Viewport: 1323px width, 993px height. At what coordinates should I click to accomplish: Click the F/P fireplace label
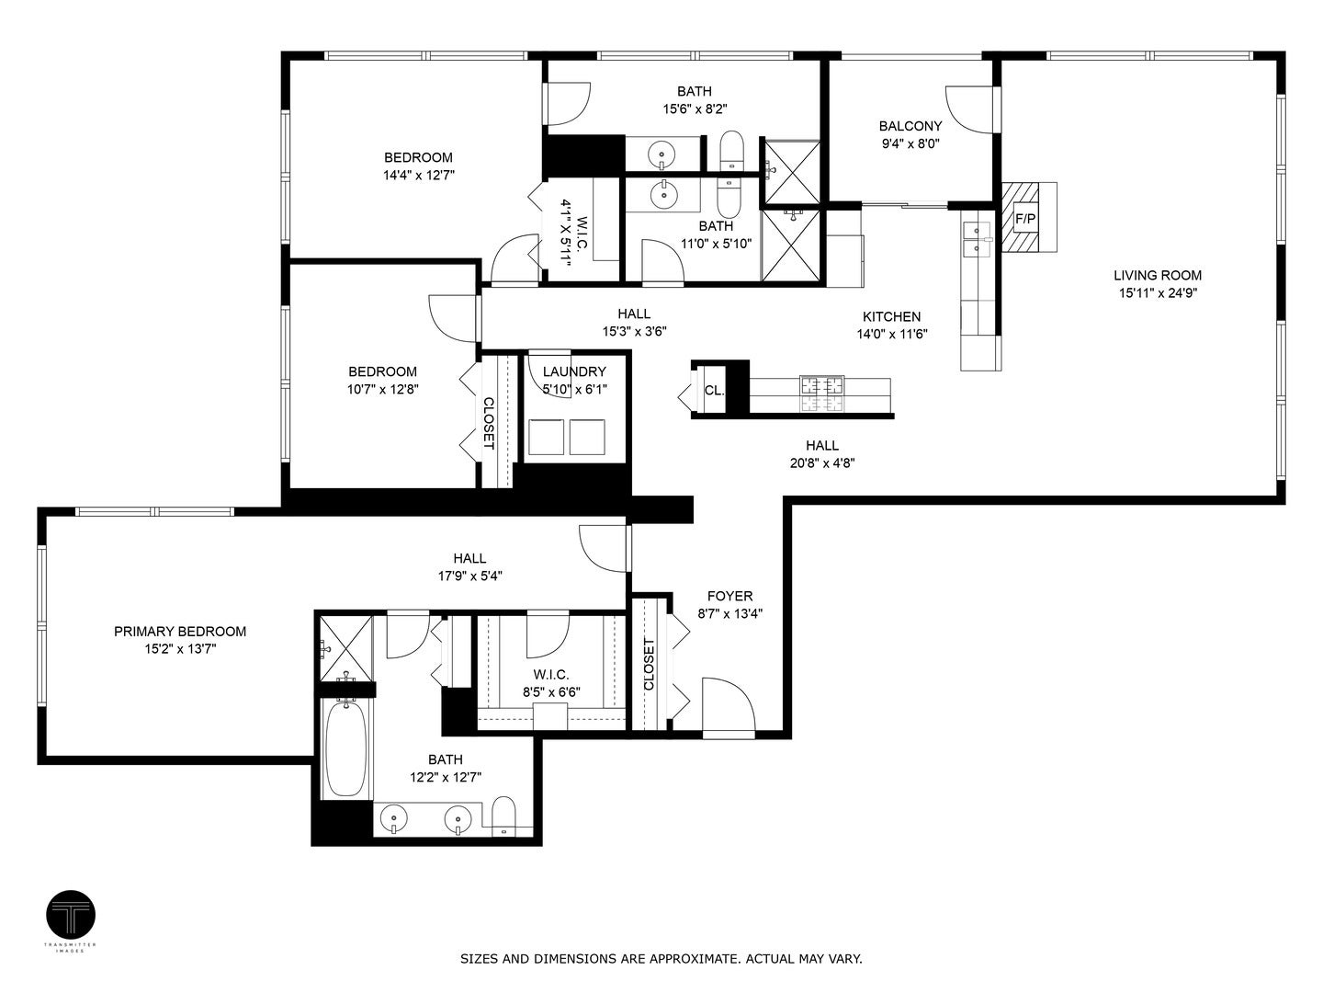pyautogui.click(x=1024, y=219)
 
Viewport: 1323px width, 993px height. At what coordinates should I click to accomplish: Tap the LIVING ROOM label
pyautogui.click(x=1157, y=275)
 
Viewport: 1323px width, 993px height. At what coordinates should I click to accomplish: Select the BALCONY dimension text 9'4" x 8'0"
pyautogui.click(x=910, y=143)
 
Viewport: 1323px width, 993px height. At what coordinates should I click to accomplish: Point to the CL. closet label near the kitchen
pyautogui.click(x=714, y=390)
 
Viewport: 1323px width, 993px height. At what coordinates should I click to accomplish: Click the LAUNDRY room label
pyautogui.click(x=574, y=371)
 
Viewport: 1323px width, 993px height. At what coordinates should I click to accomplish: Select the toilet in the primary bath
pyautogui.click(x=503, y=816)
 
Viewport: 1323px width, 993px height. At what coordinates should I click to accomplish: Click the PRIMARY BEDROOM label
pyautogui.click(x=180, y=632)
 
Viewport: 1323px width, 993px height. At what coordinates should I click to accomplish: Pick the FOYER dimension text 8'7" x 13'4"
pyautogui.click(x=730, y=614)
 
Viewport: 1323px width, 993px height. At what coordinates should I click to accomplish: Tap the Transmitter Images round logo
pyautogui.click(x=71, y=915)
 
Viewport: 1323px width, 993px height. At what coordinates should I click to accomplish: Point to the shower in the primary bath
pyautogui.click(x=345, y=648)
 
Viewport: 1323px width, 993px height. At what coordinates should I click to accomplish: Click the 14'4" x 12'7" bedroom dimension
pyautogui.click(x=418, y=175)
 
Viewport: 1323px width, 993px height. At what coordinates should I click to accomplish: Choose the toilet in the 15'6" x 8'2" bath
pyautogui.click(x=731, y=152)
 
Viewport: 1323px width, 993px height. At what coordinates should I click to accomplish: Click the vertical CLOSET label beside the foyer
pyautogui.click(x=649, y=665)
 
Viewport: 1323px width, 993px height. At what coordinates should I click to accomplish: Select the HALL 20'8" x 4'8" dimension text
pyautogui.click(x=822, y=463)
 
